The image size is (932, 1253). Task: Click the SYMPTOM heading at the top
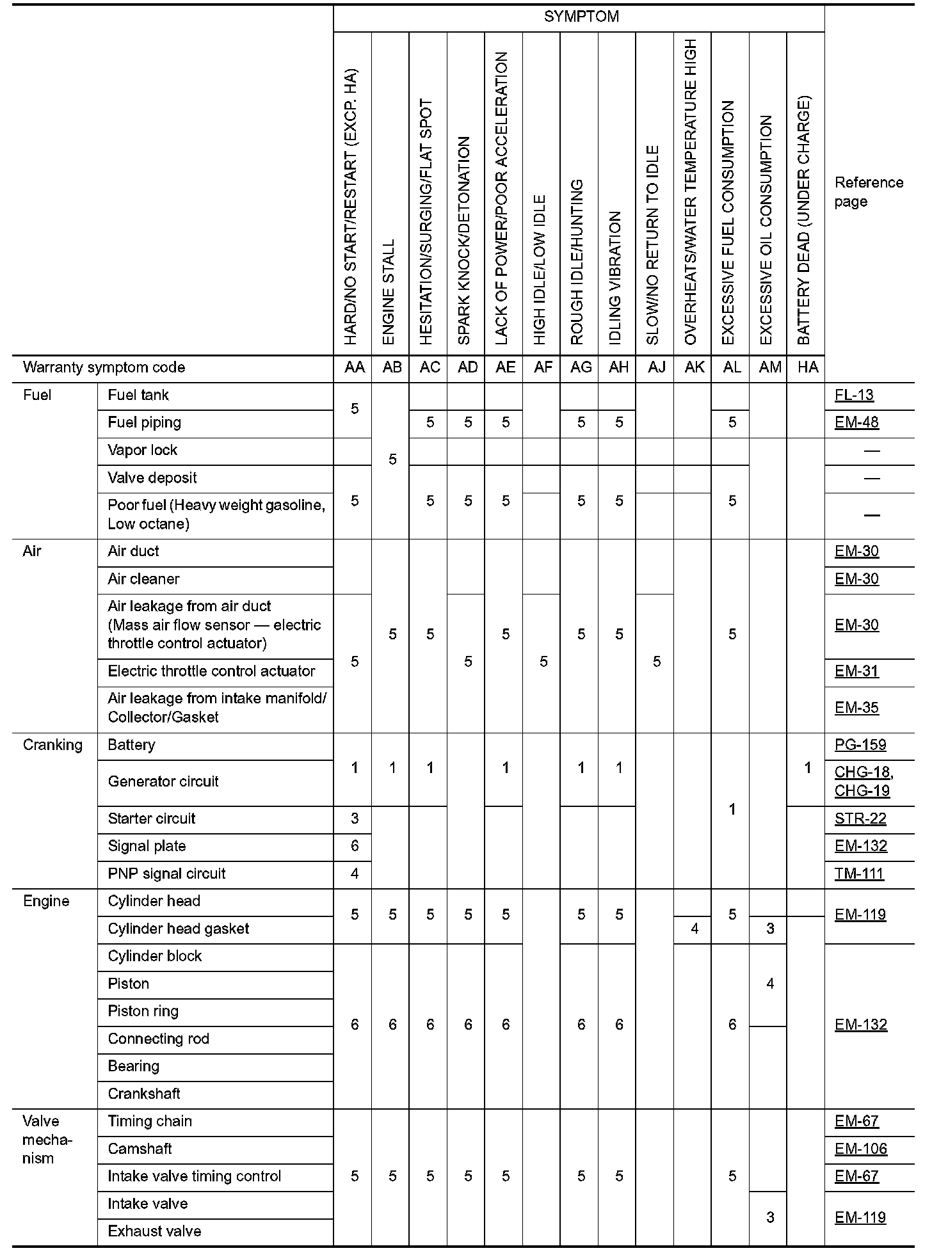point(581,17)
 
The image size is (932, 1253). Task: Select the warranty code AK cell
point(695,367)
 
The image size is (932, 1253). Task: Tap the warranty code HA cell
point(808,367)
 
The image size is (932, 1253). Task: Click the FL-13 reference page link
point(854,395)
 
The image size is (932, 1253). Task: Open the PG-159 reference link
point(860,746)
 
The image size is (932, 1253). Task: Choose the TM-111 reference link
point(859,874)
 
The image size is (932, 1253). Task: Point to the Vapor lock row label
point(143,451)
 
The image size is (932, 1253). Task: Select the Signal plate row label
point(147,847)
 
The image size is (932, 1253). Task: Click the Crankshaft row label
point(144,1094)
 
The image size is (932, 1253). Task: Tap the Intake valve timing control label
point(194,1177)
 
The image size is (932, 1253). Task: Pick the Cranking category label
point(52,746)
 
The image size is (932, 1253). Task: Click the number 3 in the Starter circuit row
point(355,819)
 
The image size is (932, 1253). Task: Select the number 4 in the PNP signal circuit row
point(355,874)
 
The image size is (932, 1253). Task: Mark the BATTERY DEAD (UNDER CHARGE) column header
point(805,221)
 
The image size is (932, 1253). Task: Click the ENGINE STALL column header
point(389,291)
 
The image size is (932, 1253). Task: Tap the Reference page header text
point(868,192)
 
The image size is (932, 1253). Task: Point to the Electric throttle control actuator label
point(211,671)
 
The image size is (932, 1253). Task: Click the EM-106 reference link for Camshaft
point(860,1149)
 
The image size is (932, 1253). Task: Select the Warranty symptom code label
point(104,368)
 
